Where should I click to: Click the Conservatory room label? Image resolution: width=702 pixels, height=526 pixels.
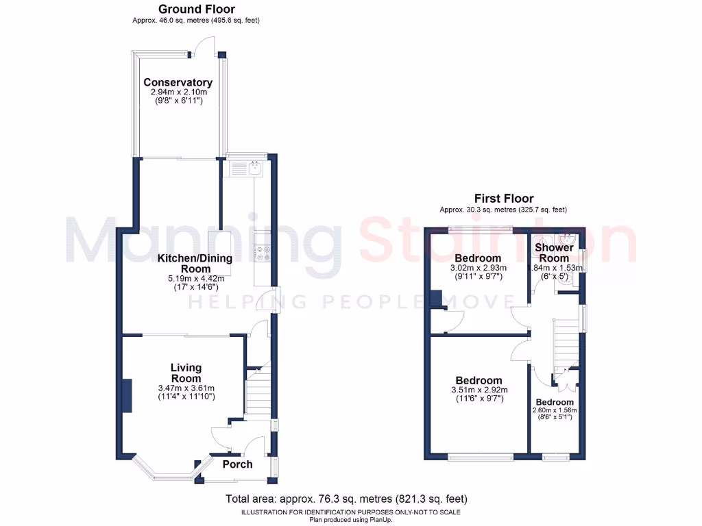[x=178, y=83]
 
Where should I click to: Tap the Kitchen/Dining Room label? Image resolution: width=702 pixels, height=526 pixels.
[x=195, y=264]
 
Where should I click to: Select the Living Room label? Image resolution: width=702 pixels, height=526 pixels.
[x=186, y=373]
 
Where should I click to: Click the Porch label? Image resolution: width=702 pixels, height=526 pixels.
[x=237, y=464]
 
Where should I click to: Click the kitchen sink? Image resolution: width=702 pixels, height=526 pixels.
[x=254, y=166]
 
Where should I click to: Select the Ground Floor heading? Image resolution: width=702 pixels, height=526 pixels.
[x=196, y=10]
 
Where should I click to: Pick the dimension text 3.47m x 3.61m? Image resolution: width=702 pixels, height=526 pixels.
[x=186, y=388]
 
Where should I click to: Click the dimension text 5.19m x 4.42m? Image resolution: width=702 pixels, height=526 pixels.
[x=195, y=279]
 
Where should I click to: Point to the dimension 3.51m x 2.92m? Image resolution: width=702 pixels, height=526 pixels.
[x=479, y=390]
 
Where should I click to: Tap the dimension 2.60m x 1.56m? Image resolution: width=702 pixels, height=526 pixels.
[x=555, y=411]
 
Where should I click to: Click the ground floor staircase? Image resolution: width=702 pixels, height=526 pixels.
[x=258, y=394]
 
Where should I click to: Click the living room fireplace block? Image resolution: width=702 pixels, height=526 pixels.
[x=127, y=396]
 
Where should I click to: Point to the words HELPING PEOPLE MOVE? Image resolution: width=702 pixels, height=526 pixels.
[x=351, y=301]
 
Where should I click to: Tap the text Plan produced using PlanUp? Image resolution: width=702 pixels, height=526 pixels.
[x=350, y=520]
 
